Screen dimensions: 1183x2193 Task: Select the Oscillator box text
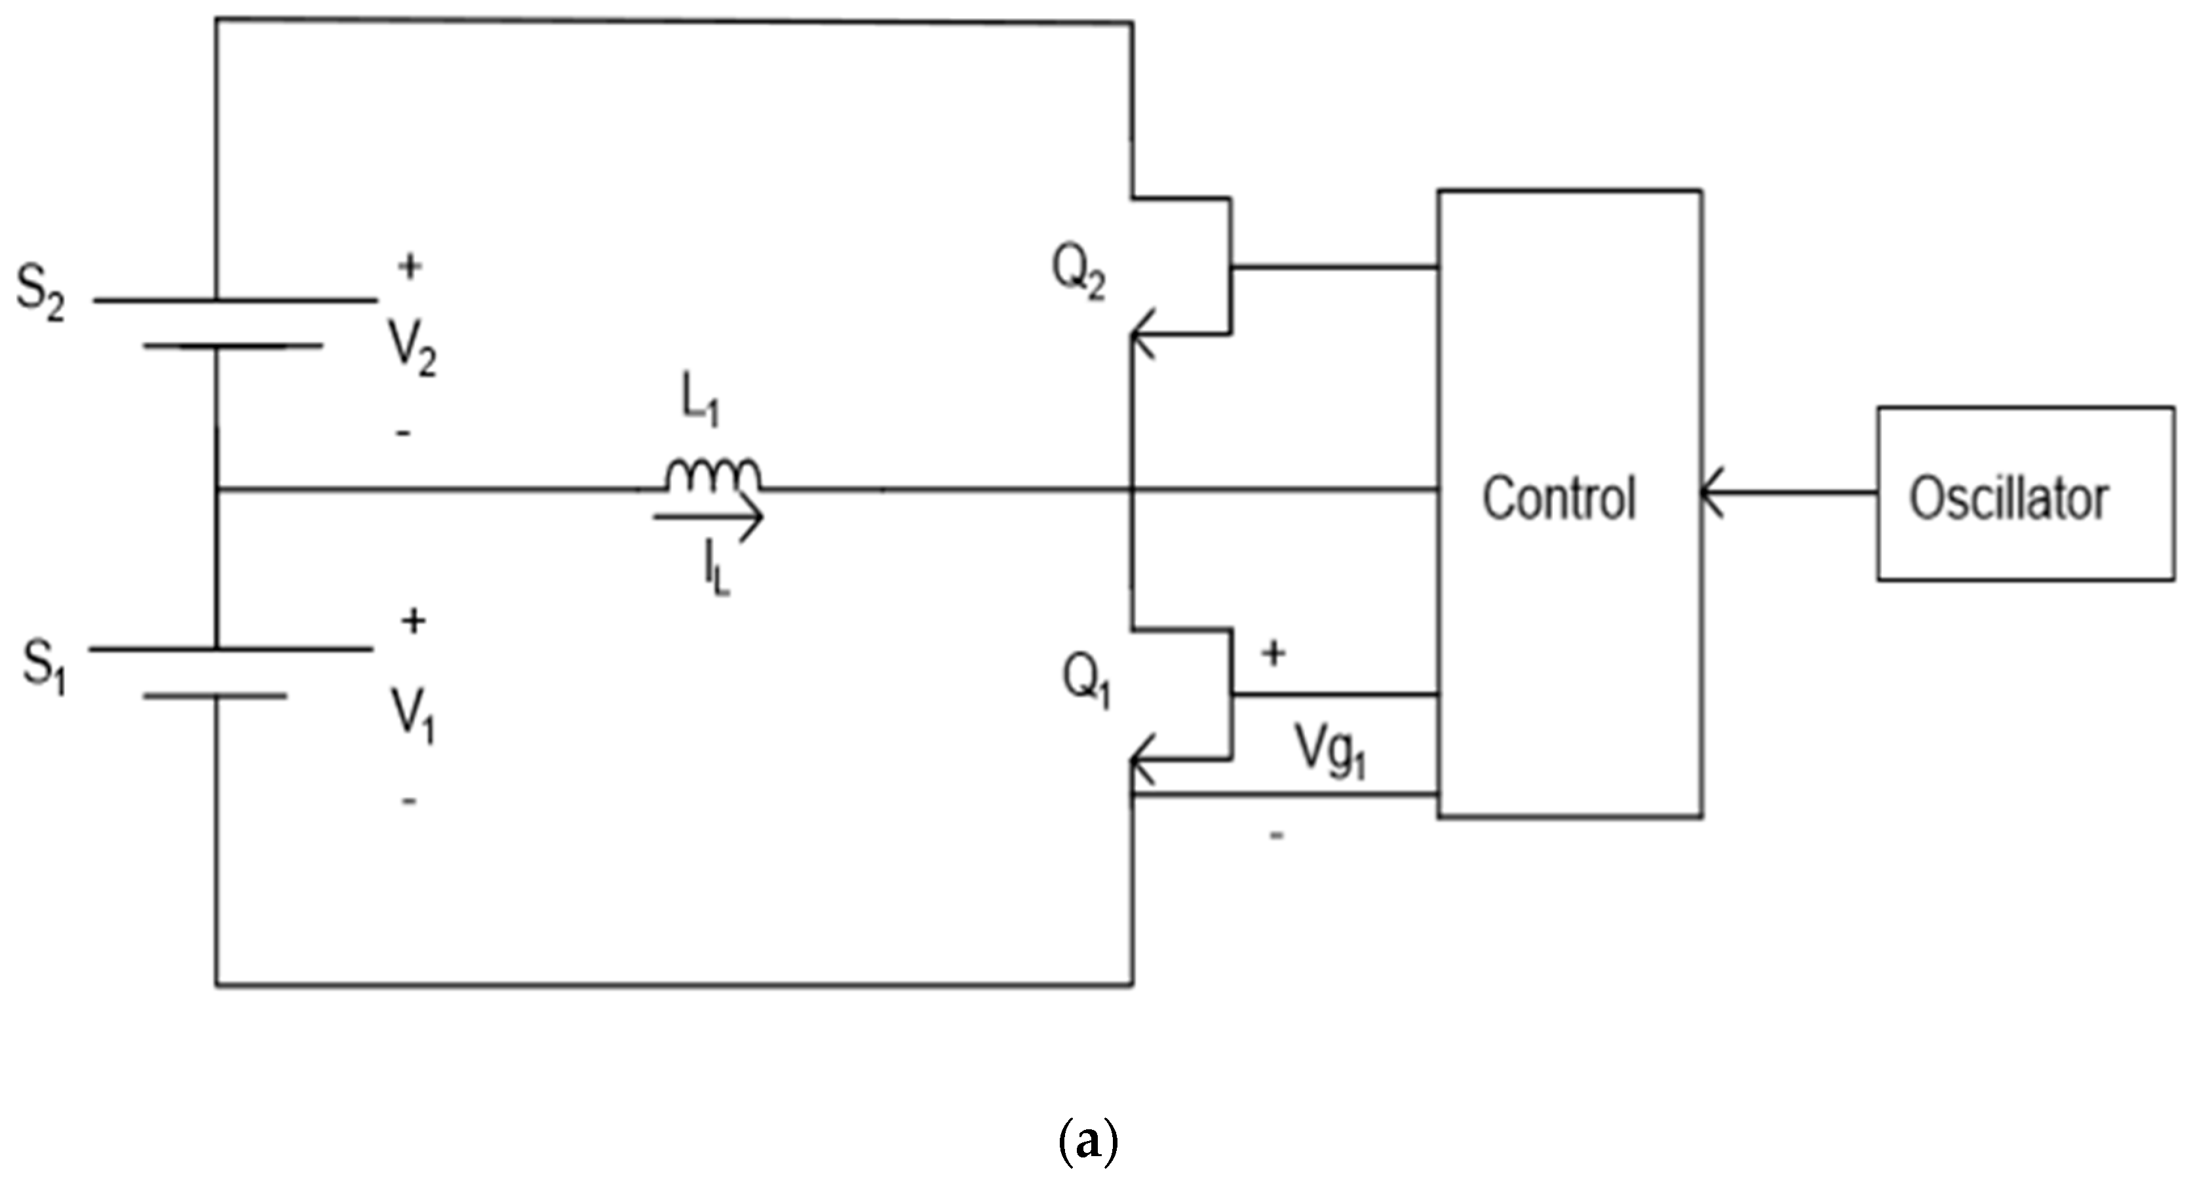(x=2008, y=499)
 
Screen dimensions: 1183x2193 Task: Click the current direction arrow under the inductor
(x=711, y=516)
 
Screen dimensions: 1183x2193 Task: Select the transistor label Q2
(x=1077, y=273)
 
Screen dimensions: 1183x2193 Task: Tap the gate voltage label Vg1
(x=1330, y=750)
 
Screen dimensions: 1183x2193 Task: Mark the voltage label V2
(x=413, y=349)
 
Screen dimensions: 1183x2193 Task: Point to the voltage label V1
(x=413, y=716)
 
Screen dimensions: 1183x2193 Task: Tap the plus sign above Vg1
(x=1273, y=653)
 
